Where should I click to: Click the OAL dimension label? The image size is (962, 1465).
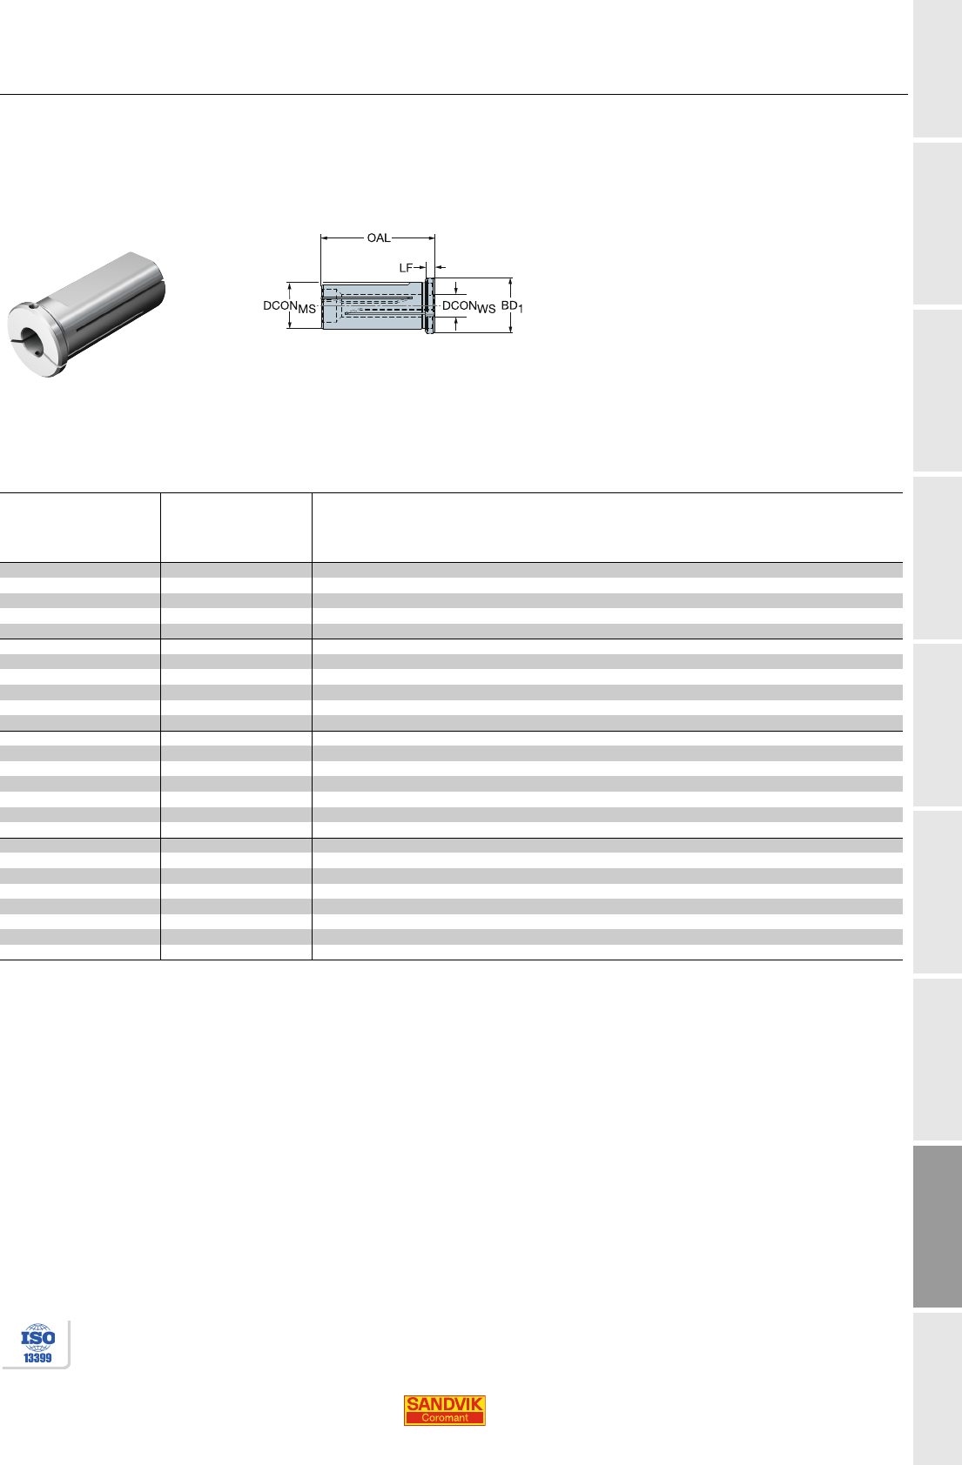pos(378,237)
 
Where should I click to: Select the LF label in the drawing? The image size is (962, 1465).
pos(406,267)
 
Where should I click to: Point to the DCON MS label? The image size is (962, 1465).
pos(289,306)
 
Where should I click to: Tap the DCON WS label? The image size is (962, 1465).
pos(468,306)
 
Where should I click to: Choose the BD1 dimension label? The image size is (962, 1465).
pos(512,305)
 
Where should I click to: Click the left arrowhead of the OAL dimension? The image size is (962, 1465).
pos(324,237)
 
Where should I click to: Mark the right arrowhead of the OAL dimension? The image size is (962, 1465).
pos(431,237)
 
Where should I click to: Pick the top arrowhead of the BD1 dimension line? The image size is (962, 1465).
pos(510,282)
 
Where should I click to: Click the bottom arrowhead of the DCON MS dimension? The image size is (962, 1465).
pos(289,324)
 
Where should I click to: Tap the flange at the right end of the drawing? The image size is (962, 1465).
pos(429,305)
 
